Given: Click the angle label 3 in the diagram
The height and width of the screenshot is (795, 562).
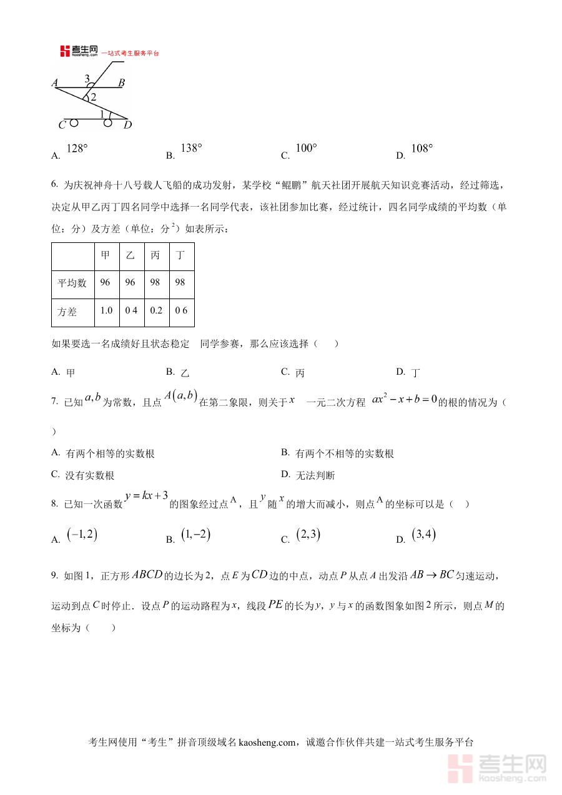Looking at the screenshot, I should [x=87, y=78].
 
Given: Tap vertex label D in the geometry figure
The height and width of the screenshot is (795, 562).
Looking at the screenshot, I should [x=127, y=125].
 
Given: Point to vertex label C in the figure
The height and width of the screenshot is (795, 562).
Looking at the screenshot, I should [x=62, y=126].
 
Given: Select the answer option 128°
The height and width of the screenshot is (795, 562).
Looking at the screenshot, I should [x=77, y=149].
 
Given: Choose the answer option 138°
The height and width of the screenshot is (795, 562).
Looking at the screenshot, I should [x=191, y=149].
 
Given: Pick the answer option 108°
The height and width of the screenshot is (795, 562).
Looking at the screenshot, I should [x=422, y=149].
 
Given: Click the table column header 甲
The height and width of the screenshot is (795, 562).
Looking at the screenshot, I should [x=106, y=255].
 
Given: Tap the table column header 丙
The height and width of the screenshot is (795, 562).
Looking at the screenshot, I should [x=155, y=255].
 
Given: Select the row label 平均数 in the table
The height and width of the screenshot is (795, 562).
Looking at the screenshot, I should [x=72, y=283].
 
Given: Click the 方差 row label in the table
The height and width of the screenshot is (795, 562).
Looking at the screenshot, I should [x=67, y=311].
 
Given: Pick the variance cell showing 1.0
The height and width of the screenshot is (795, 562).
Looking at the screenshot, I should [x=106, y=310].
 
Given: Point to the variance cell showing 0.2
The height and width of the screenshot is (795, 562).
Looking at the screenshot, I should [x=155, y=310].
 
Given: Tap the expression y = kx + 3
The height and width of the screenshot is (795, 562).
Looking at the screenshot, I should [x=147, y=496].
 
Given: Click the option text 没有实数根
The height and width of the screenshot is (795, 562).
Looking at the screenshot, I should [x=90, y=476].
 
